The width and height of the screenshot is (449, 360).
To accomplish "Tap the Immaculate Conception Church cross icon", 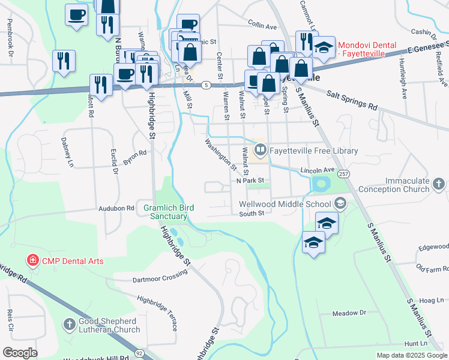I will [x=439, y=183].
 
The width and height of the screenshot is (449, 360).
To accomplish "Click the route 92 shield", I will [x=139, y=353].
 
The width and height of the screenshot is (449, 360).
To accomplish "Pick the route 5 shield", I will [x=205, y=85].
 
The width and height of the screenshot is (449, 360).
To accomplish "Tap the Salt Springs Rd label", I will [x=352, y=99].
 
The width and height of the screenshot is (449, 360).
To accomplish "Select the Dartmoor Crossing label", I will [x=160, y=275].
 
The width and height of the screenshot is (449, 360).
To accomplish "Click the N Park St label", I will [x=250, y=181].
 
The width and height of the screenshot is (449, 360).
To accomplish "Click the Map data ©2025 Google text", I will [x=412, y=355].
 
